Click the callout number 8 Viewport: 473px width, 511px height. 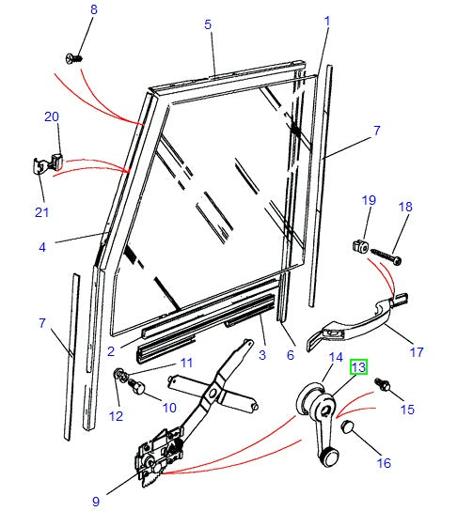[92, 9]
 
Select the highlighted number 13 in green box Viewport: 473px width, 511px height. [359, 367]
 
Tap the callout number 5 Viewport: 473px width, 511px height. [208, 24]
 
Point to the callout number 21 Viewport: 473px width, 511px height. [41, 211]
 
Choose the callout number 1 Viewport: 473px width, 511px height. [327, 21]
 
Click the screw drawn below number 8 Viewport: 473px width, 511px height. [75, 58]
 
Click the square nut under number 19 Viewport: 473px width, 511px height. [359, 247]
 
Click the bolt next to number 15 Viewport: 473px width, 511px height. [383, 384]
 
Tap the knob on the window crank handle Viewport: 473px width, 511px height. [328, 457]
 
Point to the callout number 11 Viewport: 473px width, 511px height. [186, 363]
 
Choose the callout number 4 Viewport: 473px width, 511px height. [41, 247]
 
